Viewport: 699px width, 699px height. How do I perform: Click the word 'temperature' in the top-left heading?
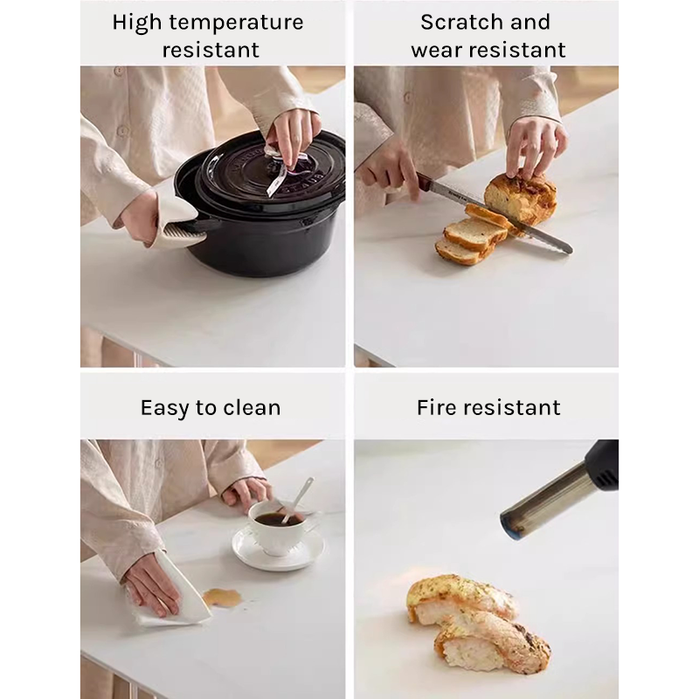tap(236, 23)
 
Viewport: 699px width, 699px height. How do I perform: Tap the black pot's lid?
tap(272, 171)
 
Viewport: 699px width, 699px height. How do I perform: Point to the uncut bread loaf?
tap(521, 197)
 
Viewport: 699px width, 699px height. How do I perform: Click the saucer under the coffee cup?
tap(278, 550)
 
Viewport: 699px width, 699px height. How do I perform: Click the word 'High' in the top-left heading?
tap(136, 24)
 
